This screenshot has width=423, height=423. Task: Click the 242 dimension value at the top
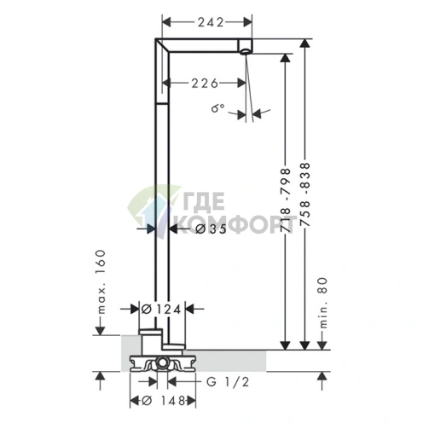[x=211, y=22]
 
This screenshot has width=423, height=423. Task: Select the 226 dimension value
[x=205, y=83]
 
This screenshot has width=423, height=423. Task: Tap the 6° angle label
[x=217, y=108]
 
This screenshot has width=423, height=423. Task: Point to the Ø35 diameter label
[x=211, y=229]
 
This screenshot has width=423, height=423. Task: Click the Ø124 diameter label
[x=161, y=309]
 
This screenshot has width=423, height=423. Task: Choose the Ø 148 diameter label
[x=163, y=401]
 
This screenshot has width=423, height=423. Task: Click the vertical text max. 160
[x=101, y=281]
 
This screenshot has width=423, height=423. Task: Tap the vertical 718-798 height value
[x=286, y=200]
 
